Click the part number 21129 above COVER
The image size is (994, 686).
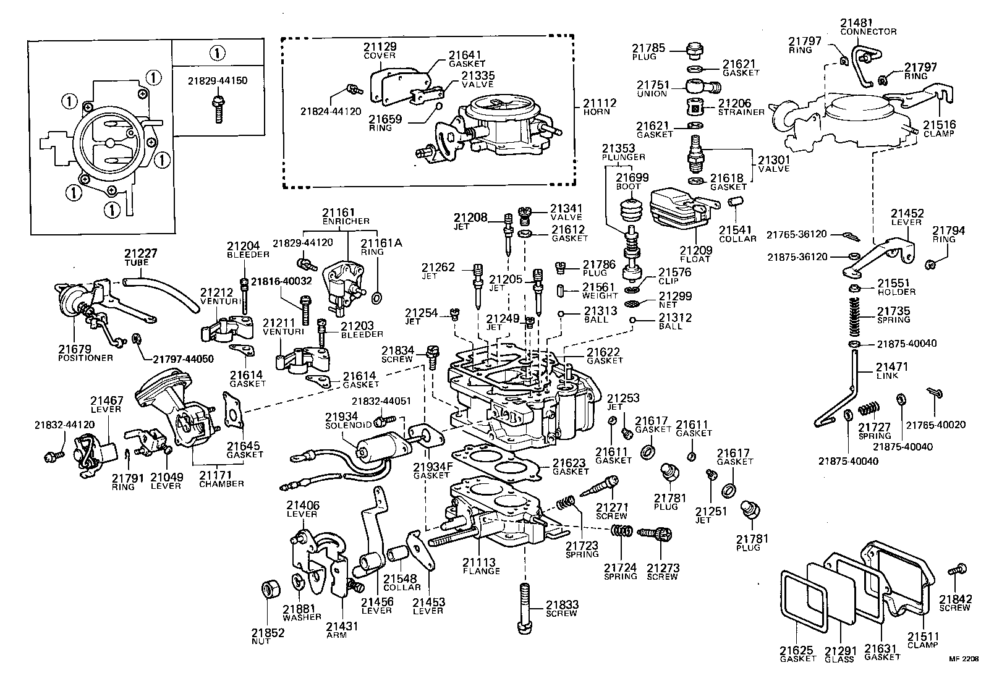[x=380, y=47]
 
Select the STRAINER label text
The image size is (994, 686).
[x=741, y=112]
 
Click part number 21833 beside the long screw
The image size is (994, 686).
[x=561, y=604]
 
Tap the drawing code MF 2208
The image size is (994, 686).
[x=964, y=659]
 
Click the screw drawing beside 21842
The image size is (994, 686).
[x=958, y=572]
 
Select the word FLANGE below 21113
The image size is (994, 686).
[x=481, y=571]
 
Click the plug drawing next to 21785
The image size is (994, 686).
[x=696, y=49]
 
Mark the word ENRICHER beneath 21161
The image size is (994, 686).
[x=346, y=221]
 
